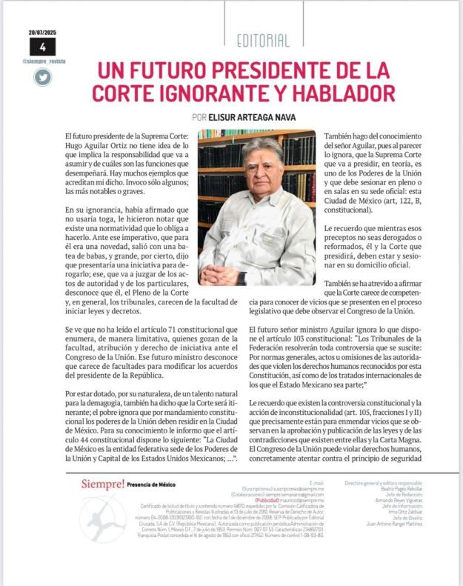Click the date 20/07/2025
(43, 33)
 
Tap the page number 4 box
(43, 47)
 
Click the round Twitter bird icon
(43, 76)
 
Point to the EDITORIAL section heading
(264, 41)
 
